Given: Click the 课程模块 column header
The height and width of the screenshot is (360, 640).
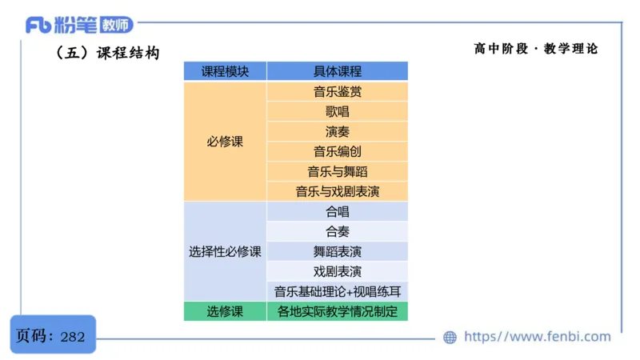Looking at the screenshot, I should pyautogui.click(x=225, y=71).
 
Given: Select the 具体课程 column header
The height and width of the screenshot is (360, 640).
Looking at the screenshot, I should pyautogui.click(x=337, y=71).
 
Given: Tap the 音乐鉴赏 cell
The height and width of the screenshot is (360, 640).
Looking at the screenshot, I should pyautogui.click(x=337, y=91).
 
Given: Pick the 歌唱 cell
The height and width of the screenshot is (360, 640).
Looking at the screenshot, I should pyautogui.click(x=337, y=111).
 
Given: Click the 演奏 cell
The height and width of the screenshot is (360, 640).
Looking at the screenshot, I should pyautogui.click(x=337, y=131).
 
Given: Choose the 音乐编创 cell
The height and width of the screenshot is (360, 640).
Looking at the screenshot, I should pyautogui.click(x=337, y=151).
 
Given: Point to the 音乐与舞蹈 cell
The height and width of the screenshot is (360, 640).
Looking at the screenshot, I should pyautogui.click(x=337, y=171).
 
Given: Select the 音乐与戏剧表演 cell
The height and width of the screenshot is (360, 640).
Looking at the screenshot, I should pyautogui.click(x=337, y=191).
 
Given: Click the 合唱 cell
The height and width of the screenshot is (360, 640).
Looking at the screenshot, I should pyautogui.click(x=337, y=212).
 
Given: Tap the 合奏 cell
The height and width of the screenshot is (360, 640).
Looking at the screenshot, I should pyautogui.click(x=337, y=232).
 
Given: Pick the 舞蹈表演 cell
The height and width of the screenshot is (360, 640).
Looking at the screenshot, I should pyautogui.click(x=337, y=251).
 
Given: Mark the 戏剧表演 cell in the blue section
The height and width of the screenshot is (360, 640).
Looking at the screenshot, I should pyautogui.click(x=337, y=271).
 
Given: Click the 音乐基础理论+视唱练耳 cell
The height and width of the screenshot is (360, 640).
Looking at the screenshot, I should pyautogui.click(x=337, y=291).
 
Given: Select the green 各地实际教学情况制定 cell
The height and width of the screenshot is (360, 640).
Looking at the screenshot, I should pyautogui.click(x=337, y=311).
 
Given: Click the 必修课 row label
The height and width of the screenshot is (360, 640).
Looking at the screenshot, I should pyautogui.click(x=225, y=142).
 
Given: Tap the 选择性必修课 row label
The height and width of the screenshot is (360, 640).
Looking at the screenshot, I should pyautogui.click(x=225, y=251).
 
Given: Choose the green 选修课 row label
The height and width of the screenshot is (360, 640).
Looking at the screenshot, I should pyautogui.click(x=225, y=311).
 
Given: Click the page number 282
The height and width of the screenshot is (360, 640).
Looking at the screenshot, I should pyautogui.click(x=72, y=336).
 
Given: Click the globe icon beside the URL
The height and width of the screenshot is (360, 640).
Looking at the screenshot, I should pyautogui.click(x=450, y=337).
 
